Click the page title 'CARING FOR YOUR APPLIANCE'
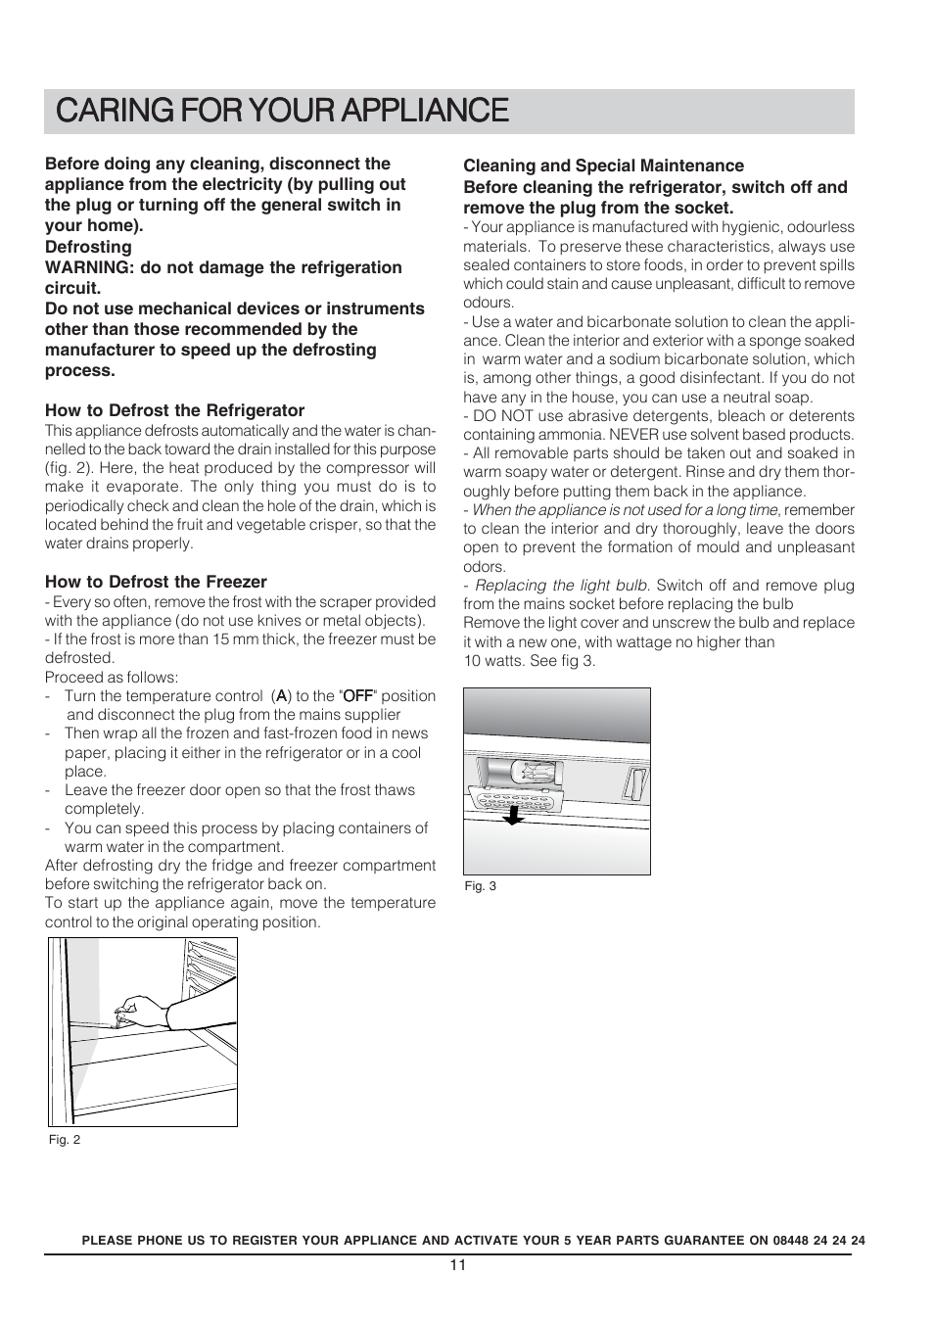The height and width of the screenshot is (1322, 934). [283, 110]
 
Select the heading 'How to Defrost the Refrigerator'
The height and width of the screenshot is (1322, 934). [174, 410]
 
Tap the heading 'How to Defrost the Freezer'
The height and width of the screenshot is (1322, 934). [156, 582]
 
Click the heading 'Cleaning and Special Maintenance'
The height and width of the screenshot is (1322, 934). [603, 165]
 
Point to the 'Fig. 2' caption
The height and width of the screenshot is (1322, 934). [65, 1140]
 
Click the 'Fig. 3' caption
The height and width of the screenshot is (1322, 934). [480, 886]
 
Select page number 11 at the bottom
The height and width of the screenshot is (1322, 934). [458, 1264]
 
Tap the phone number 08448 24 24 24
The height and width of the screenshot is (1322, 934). [818, 1240]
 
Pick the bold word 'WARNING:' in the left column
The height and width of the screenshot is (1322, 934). [85, 267]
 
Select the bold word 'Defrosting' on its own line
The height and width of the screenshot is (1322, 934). [88, 247]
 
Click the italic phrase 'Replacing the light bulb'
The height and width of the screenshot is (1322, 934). [561, 586]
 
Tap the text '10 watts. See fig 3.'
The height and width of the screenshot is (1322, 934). [529, 661]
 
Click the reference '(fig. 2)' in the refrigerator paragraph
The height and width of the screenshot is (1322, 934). [68, 468]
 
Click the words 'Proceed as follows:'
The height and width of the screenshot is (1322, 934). [112, 678]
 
